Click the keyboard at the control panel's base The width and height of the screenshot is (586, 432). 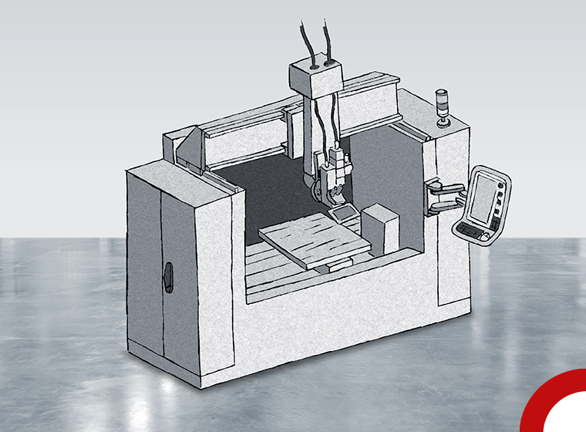(x=473, y=229)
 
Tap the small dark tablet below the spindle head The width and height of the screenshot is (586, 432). (x=340, y=209)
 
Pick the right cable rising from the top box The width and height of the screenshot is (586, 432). (x=330, y=39)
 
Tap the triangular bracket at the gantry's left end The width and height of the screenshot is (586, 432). (x=189, y=147)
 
